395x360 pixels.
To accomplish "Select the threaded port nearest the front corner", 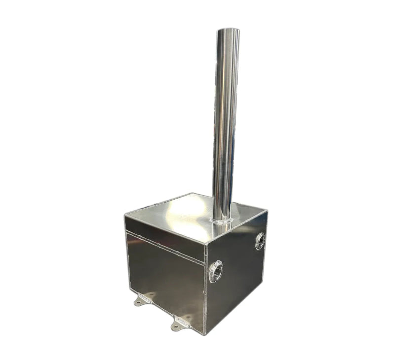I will [x=216, y=272].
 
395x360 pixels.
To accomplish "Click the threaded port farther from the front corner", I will [x=260, y=241].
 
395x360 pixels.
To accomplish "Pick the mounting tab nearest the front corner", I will [x=180, y=323].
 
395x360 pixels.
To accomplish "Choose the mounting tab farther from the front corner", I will [x=143, y=299].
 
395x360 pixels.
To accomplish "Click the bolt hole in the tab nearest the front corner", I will [x=176, y=325].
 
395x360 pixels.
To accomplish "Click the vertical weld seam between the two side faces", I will [x=205, y=291].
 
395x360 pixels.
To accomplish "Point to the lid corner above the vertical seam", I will [x=205, y=243].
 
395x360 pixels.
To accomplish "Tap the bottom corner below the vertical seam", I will [x=204, y=334].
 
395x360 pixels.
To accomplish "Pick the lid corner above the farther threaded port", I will [x=267, y=212].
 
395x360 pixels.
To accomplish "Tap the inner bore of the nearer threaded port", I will [x=216, y=272].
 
